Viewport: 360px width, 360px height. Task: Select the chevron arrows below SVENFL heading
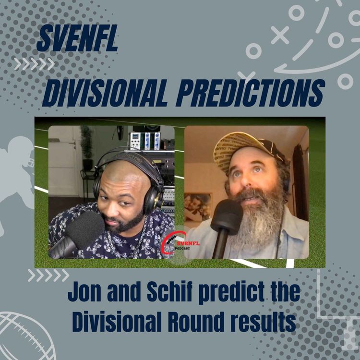click(34, 64)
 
